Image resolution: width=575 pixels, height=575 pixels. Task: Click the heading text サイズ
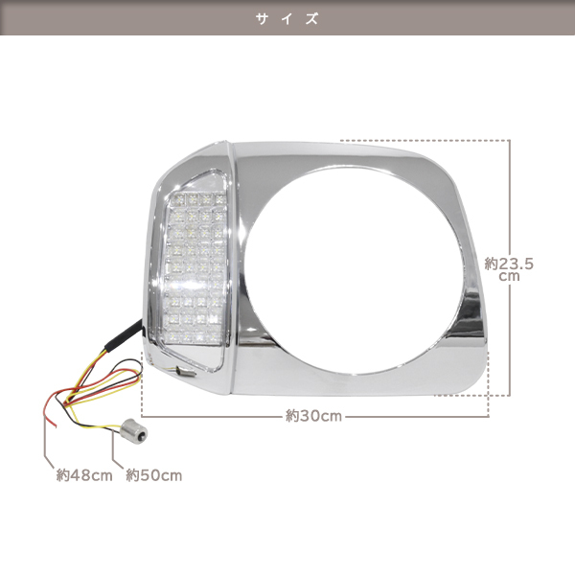coord(287,19)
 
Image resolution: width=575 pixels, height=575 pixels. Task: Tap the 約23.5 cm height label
coord(509,269)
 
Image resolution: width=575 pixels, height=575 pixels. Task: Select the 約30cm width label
coord(313,416)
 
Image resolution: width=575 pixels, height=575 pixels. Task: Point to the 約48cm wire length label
coord(84,475)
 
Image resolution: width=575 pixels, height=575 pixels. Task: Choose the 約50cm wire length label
coord(154,475)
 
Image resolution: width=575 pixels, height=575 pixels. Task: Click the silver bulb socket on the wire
coord(134,431)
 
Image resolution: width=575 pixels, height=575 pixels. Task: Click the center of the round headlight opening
coord(352,269)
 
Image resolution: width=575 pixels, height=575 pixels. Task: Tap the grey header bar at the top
coord(287,17)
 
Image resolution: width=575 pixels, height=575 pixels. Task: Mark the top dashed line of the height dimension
coord(425,140)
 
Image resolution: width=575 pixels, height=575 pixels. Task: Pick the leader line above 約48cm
coord(47,444)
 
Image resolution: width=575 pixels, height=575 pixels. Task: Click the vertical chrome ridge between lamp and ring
coord(234,267)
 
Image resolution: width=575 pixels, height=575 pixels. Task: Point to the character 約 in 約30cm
coord(292,416)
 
